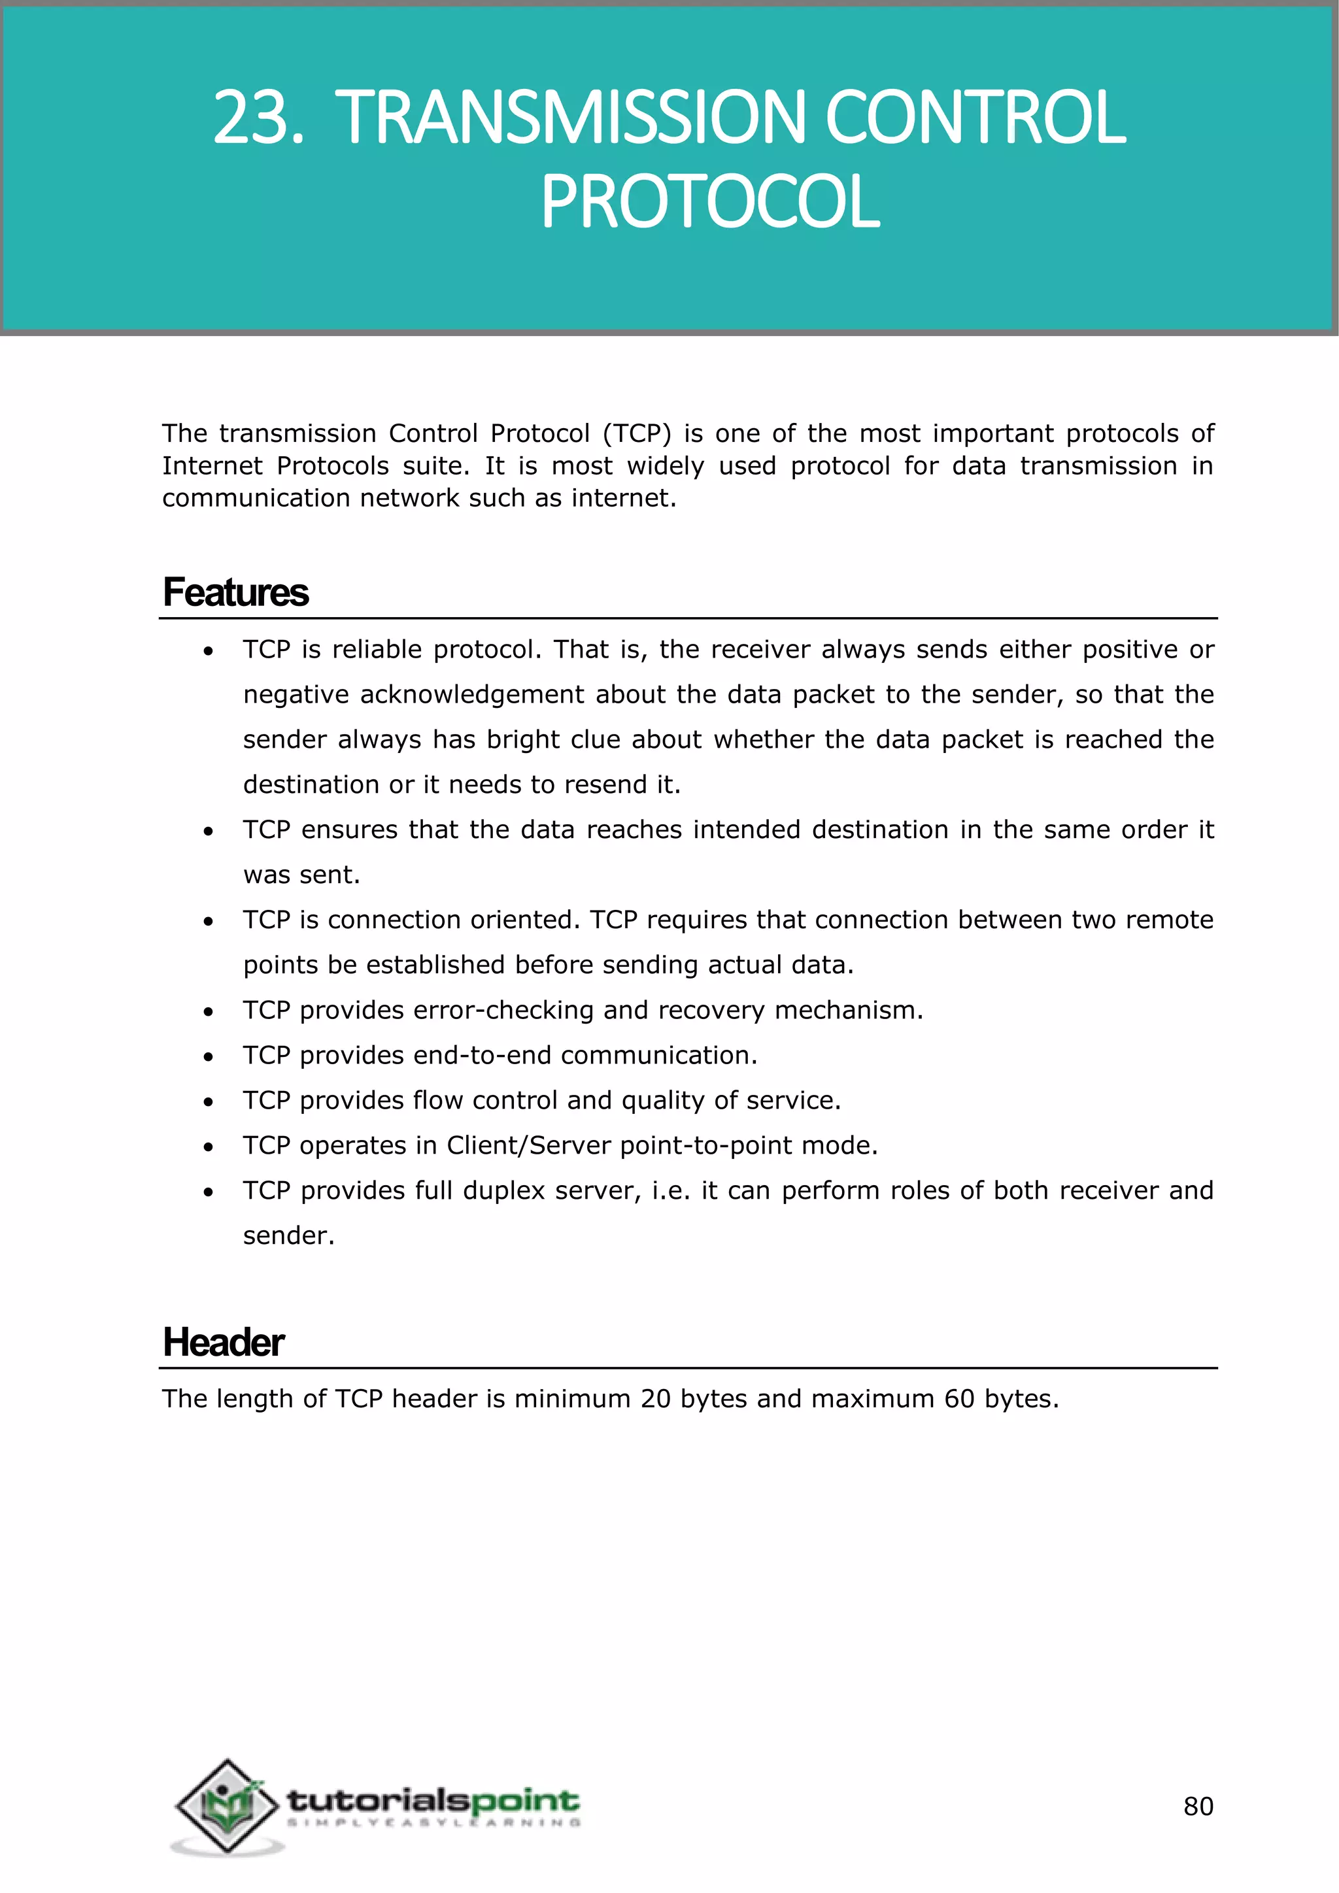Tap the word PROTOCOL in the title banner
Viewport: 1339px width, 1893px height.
pyautogui.click(x=710, y=202)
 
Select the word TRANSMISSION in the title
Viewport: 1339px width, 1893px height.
pyautogui.click(x=568, y=118)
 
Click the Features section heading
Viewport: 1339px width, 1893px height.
pyautogui.click(x=236, y=593)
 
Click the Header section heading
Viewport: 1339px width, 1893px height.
pyautogui.click(x=224, y=1342)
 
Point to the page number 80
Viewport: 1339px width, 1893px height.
pyautogui.click(x=1198, y=1807)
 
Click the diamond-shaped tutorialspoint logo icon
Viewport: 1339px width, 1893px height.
pyautogui.click(x=227, y=1805)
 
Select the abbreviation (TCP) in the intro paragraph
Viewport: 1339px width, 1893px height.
pyautogui.click(x=637, y=433)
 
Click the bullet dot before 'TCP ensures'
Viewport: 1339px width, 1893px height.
pyautogui.click(x=209, y=831)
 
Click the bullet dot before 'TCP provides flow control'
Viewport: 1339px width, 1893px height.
pyautogui.click(x=209, y=1101)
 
